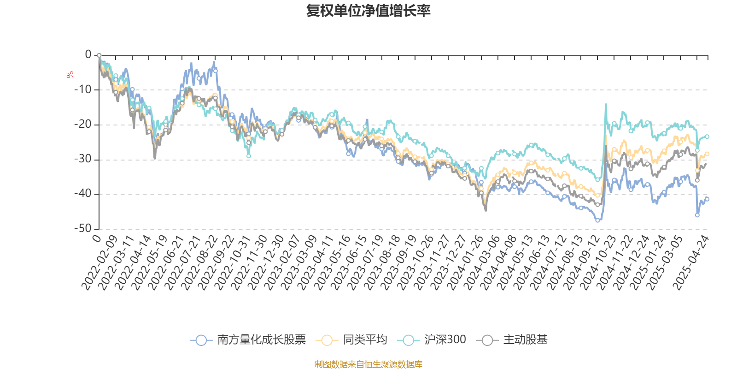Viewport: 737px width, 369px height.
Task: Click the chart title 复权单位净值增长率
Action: pos(368,11)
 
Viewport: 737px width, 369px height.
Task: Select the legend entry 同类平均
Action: pos(351,340)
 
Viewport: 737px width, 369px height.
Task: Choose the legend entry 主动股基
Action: pos(515,340)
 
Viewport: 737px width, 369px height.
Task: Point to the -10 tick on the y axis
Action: pos(83,89)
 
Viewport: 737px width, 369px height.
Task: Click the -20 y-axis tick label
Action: pos(83,124)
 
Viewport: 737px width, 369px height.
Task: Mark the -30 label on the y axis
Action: pos(83,159)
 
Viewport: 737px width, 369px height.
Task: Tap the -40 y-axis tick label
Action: pos(83,194)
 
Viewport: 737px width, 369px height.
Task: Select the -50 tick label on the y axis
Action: pos(83,228)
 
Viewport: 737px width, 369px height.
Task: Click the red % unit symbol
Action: pos(70,75)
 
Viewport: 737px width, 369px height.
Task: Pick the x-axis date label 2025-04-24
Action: pos(691,262)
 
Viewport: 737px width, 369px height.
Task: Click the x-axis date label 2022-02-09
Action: pos(99,262)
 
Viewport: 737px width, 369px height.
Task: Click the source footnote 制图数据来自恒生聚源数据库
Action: pos(368,364)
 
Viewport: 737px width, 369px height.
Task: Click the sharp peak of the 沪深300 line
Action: pos(606,104)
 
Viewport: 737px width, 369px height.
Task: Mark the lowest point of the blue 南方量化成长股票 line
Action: pos(597,220)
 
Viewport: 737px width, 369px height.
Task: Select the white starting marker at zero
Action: pos(99,55)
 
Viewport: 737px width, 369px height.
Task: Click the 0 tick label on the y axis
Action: pos(88,55)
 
